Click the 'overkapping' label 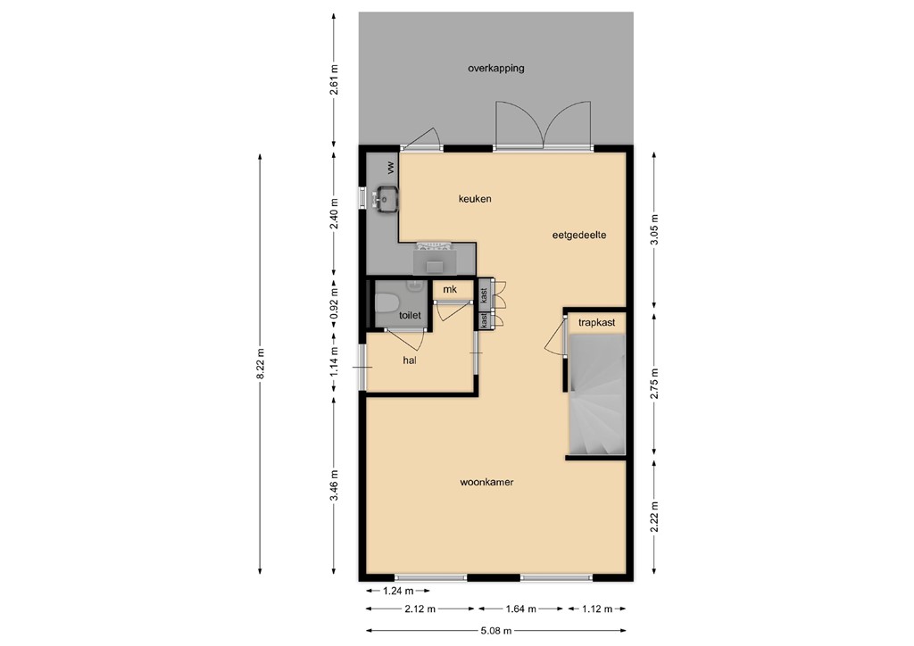pos(495,68)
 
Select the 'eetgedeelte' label pos(579,236)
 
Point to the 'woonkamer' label pos(486,482)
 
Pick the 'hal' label pos(411,360)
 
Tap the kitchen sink pos(386,198)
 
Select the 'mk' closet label pos(451,290)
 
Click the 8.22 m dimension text pos(260,364)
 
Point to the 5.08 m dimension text pos(495,630)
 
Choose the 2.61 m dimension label pos(334,80)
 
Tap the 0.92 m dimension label pos(334,302)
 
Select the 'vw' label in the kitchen pos(390,167)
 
